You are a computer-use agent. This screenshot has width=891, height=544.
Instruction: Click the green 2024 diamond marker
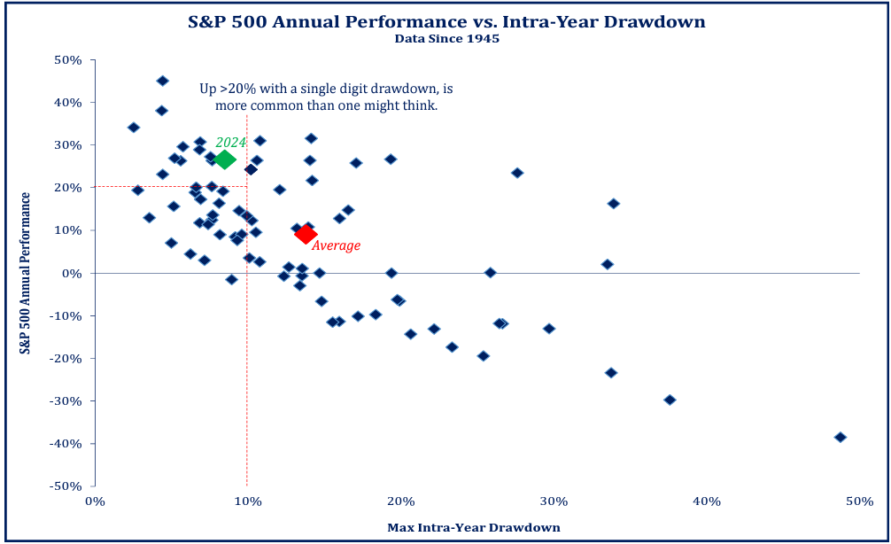coord(225,159)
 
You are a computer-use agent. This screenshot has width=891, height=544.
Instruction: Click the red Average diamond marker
coord(306,234)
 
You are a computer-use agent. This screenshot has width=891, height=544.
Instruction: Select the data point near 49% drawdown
coord(841,437)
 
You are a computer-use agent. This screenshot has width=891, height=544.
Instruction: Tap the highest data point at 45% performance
coord(162,81)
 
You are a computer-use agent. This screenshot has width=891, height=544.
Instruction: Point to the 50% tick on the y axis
coord(69,60)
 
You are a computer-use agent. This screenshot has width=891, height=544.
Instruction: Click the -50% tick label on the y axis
coord(67,486)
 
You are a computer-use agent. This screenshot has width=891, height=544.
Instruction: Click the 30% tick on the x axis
coord(554,501)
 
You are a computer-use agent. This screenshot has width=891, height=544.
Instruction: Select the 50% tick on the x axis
coord(859,501)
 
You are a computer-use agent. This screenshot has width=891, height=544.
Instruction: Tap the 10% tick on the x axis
coord(247,501)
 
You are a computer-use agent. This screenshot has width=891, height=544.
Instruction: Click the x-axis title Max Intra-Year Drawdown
coord(474,528)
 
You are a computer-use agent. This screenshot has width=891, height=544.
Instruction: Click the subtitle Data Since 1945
coord(446,38)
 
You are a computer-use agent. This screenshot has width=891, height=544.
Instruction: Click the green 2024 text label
coord(230,142)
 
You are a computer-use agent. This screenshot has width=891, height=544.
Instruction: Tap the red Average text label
coord(337,245)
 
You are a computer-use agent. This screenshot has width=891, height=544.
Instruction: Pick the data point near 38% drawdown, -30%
coord(670,400)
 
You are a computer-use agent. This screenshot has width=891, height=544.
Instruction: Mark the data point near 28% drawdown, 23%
coord(517,173)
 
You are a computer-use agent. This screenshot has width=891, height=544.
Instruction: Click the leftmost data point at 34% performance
coord(134,128)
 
